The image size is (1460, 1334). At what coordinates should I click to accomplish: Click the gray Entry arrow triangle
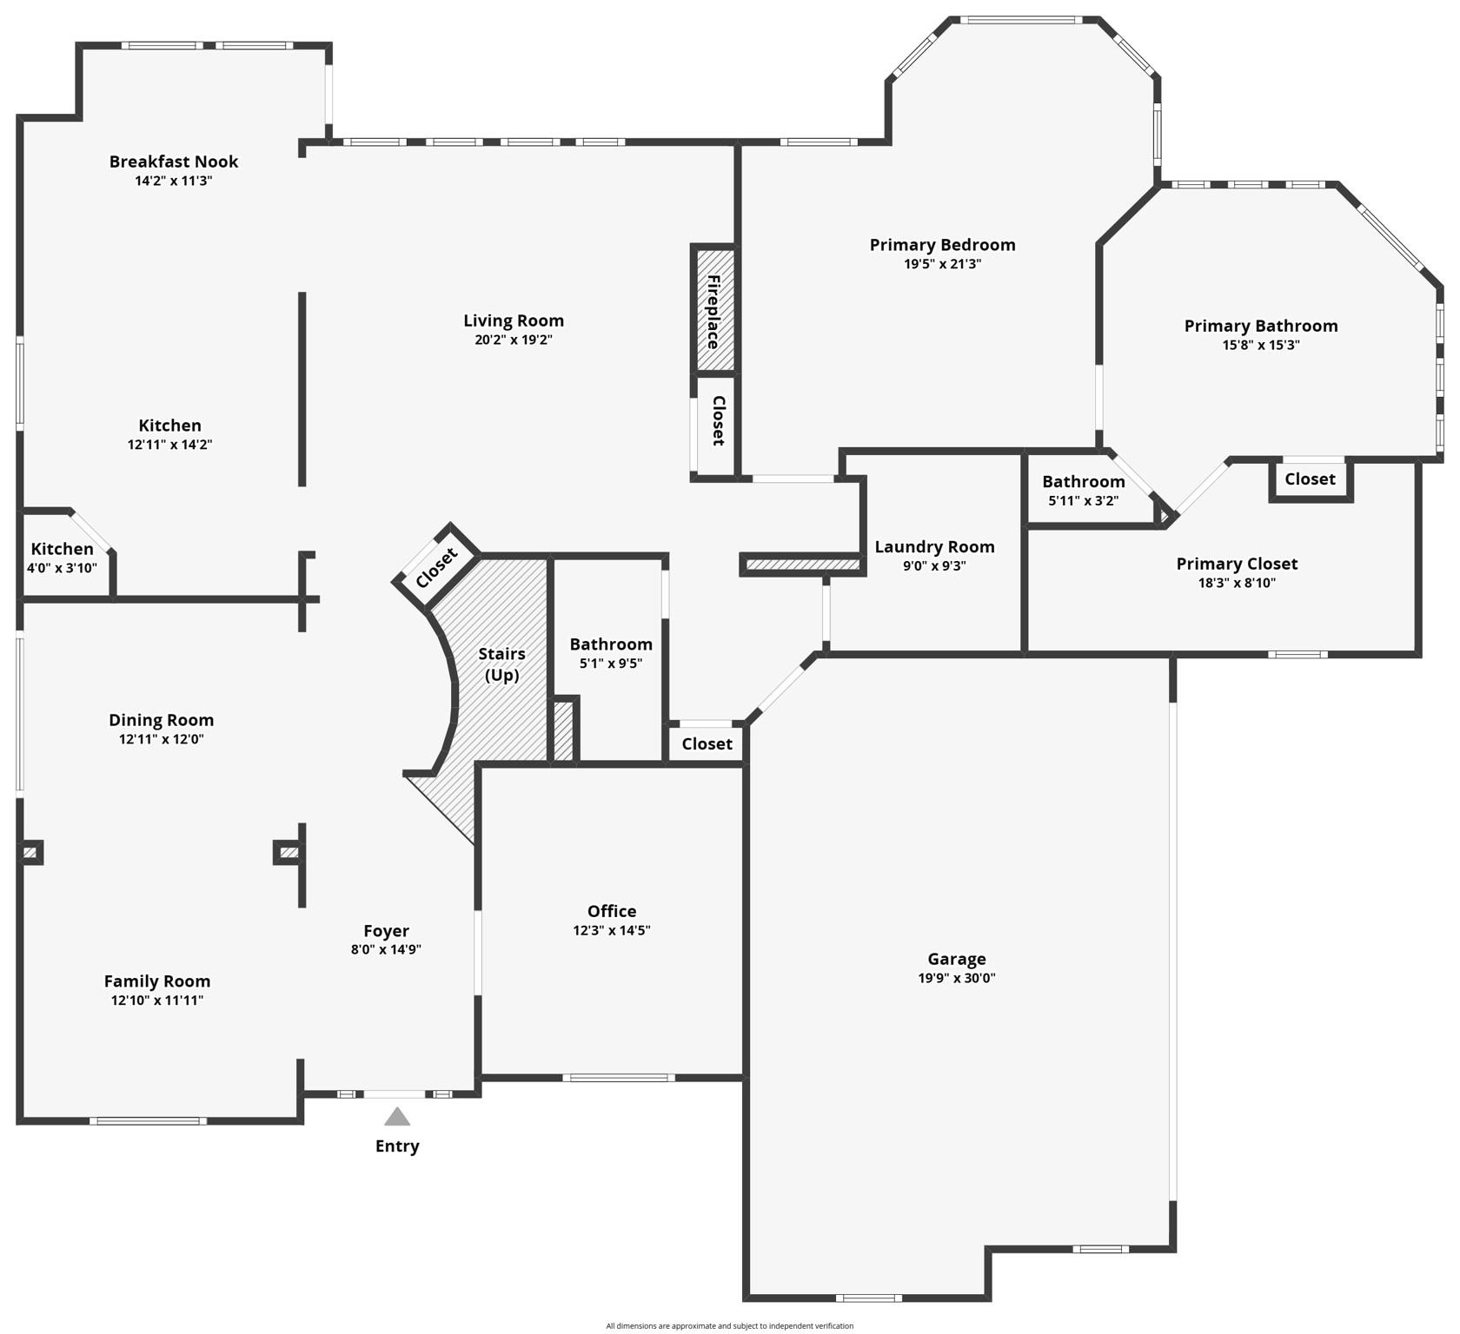tap(397, 1117)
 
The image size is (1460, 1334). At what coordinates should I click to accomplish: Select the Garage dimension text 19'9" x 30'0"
tap(956, 978)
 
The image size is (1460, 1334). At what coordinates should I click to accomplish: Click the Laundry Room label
tap(934, 547)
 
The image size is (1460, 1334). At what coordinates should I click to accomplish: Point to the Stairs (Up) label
tap(501, 664)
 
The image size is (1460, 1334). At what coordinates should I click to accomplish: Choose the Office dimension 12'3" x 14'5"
tap(611, 930)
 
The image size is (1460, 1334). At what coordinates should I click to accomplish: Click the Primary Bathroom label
tap(1260, 326)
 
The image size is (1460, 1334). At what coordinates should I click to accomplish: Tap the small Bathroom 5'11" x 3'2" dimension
tap(1083, 500)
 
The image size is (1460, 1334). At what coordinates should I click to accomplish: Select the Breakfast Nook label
tap(173, 162)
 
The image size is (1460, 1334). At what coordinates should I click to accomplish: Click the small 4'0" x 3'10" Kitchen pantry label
tap(62, 568)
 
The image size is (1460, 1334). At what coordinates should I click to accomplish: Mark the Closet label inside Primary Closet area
tap(1310, 479)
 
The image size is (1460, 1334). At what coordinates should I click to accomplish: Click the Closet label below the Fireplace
tap(719, 420)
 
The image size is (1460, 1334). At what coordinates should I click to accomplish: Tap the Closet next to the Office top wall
tap(707, 744)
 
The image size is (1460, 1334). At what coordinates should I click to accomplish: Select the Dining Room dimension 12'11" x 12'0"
tap(161, 739)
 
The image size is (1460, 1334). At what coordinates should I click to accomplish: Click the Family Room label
tap(157, 981)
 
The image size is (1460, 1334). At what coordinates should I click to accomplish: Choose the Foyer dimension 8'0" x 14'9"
tap(386, 949)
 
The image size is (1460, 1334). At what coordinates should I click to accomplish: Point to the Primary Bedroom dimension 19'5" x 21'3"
tap(942, 264)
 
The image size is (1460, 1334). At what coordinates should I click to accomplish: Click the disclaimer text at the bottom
tap(729, 1326)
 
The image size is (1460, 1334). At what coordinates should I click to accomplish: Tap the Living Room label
tap(513, 320)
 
